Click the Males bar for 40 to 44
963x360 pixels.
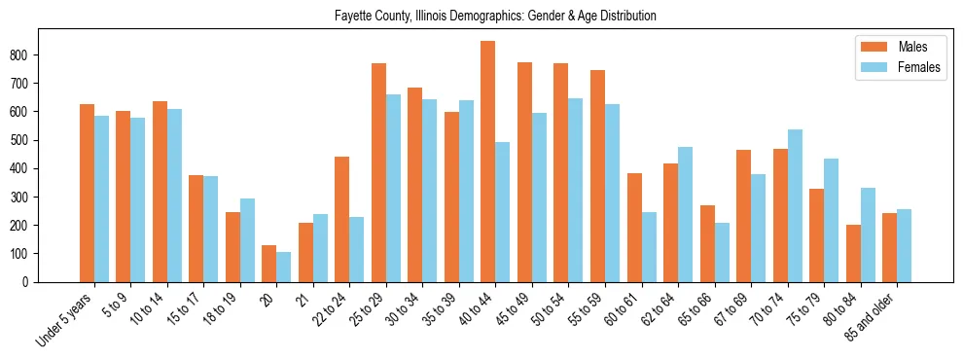(x=488, y=162)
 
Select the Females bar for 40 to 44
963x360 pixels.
(x=503, y=212)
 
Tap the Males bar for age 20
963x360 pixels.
(x=269, y=264)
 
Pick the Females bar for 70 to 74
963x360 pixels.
(x=795, y=205)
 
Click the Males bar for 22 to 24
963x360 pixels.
(x=342, y=219)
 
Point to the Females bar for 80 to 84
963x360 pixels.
(x=868, y=234)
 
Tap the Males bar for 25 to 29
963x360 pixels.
(x=378, y=172)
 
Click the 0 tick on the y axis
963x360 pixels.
(x=33, y=282)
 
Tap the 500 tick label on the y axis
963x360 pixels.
(x=25, y=140)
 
